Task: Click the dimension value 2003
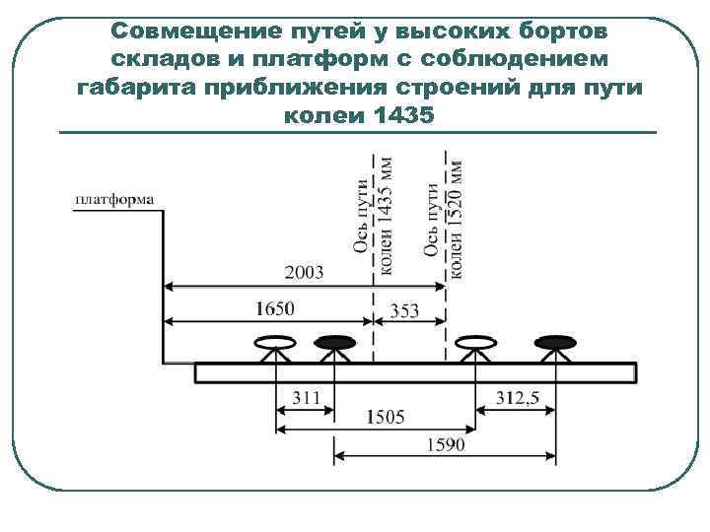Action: point(303,274)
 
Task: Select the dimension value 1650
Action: point(273,308)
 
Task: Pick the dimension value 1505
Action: point(385,417)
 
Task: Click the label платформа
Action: point(113,200)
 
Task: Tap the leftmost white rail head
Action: point(275,343)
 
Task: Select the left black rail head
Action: point(334,343)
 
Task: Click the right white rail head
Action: point(476,343)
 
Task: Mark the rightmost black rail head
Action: point(555,343)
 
